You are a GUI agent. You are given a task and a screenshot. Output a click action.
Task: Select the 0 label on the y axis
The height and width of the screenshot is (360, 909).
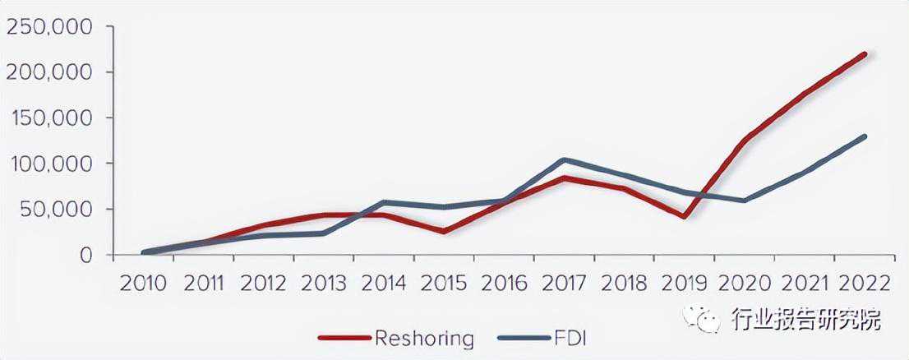[x=85, y=255]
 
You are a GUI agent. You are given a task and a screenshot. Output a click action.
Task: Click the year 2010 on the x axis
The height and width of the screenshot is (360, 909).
[x=143, y=284]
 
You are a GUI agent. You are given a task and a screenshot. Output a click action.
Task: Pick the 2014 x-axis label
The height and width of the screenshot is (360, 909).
[x=383, y=284]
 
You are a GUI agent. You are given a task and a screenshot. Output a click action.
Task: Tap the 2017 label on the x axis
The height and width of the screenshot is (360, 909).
[x=564, y=284]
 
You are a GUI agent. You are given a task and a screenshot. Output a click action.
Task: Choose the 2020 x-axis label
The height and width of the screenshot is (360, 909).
[x=745, y=284]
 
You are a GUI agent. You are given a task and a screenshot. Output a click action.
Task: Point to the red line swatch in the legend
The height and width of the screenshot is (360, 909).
[x=344, y=337]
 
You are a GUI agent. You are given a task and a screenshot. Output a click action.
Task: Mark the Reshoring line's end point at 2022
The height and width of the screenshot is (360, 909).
[x=865, y=54]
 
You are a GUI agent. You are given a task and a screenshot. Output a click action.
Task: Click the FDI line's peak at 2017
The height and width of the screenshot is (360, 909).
[x=564, y=160]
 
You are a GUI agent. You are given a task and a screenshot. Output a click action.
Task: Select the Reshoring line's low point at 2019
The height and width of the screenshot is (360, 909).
[x=684, y=217]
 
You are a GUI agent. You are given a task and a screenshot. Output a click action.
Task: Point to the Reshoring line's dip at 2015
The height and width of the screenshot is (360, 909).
[x=444, y=231]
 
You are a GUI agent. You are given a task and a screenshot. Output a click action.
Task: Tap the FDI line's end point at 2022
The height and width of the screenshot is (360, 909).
[x=865, y=136]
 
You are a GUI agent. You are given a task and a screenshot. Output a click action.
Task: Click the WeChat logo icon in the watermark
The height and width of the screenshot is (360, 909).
[x=702, y=318]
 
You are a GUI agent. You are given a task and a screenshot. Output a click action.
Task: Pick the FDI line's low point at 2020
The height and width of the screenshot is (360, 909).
[x=745, y=201]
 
